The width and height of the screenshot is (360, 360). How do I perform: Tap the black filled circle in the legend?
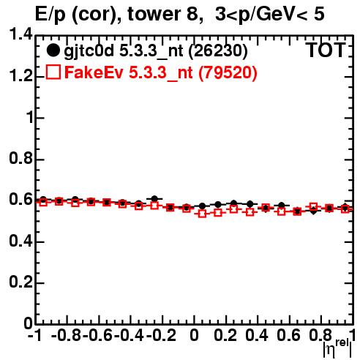pos(53,50)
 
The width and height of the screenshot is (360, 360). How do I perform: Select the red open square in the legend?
pos(53,72)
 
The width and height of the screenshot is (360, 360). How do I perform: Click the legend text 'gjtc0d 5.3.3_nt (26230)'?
pos(156,51)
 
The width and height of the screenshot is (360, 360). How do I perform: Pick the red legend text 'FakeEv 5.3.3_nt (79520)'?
pos(161,72)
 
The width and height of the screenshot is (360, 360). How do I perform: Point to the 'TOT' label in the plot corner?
pos(326,50)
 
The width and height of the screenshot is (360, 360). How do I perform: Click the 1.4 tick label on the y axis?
pos(20,34)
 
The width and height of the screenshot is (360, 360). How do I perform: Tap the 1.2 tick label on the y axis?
pos(20,76)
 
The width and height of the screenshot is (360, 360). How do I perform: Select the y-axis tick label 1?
pos(30,118)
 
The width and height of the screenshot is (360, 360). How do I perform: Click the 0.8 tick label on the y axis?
pos(20,158)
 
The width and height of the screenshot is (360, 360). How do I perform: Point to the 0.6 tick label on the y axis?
pos(20,200)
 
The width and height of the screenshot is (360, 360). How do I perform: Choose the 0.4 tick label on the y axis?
pos(20,241)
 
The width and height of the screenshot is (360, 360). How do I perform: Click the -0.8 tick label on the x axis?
pos(67,335)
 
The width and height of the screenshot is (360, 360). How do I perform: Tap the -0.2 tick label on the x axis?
pos(161,335)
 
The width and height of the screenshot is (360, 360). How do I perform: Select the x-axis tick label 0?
pos(194,335)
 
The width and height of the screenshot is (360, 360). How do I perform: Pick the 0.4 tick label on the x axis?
pos(257,335)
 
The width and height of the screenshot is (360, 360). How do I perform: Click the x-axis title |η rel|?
pos(337,348)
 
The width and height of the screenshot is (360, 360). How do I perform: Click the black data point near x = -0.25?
pos(154,199)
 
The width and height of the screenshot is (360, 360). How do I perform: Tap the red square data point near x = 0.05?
pos(202,214)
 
